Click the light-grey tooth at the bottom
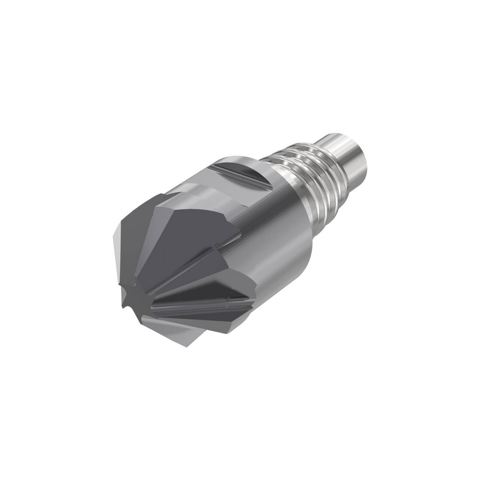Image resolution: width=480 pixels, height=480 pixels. [178, 331]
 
